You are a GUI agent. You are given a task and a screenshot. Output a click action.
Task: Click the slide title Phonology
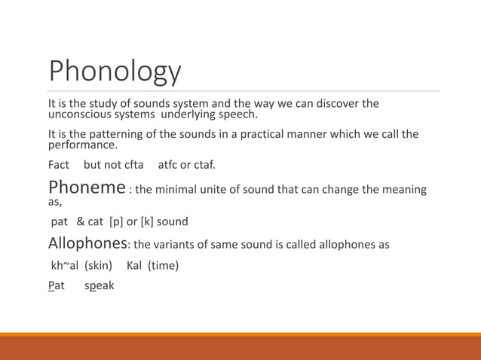point(115,71)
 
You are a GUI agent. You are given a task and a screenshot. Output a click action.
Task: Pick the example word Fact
point(59,164)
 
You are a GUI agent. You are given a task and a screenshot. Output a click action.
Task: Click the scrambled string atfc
point(170,164)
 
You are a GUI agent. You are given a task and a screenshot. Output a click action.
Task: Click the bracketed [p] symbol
point(117,222)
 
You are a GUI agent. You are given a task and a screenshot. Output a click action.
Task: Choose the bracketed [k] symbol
point(148,222)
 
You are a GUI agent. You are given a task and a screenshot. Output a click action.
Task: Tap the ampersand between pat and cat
point(81,222)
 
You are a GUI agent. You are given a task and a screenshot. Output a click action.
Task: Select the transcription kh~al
point(65,265)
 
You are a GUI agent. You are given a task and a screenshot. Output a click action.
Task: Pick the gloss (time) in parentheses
point(163,265)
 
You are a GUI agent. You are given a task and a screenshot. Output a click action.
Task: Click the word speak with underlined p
point(100,286)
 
